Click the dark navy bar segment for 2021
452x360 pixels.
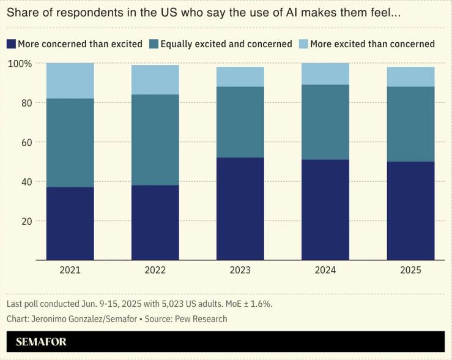(x=70, y=223)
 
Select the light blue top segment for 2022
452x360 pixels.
(x=155, y=80)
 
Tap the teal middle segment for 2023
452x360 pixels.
(x=240, y=122)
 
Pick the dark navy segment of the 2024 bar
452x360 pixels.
(x=325, y=209)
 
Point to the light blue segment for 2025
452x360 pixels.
(x=410, y=77)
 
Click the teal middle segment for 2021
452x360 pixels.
(x=70, y=143)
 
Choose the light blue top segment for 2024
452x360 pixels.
(x=325, y=73)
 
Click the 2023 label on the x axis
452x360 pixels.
(x=240, y=270)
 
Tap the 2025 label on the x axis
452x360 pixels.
(x=410, y=270)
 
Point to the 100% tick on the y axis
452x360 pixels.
(x=19, y=64)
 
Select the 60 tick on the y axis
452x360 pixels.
(x=25, y=143)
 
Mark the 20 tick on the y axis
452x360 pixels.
(x=25, y=221)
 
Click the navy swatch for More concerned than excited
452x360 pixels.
(x=10, y=44)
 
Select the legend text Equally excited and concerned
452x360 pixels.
(x=226, y=44)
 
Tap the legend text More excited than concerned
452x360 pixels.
(x=372, y=44)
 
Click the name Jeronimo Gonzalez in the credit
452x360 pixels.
(x=69, y=319)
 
